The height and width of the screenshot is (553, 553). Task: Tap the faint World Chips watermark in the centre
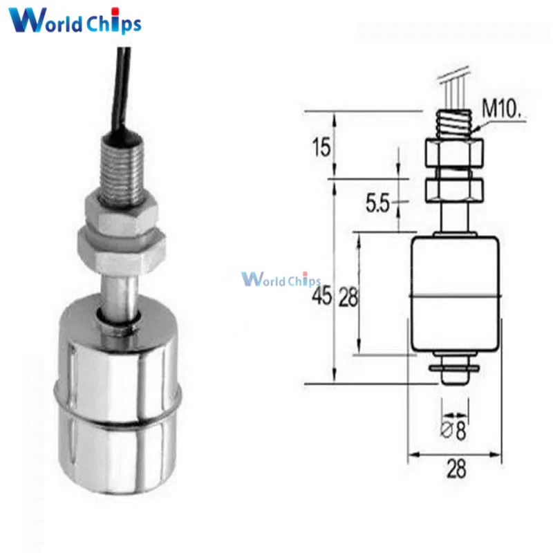pyautogui.click(x=281, y=279)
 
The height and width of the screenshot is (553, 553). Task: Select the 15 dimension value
pyautogui.click(x=321, y=147)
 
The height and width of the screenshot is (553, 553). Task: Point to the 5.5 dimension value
pyautogui.click(x=377, y=203)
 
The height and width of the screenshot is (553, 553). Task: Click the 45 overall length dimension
pyautogui.click(x=321, y=296)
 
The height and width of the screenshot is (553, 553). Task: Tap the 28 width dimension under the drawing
pyautogui.click(x=456, y=469)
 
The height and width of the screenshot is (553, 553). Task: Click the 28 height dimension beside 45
pyautogui.click(x=348, y=297)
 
